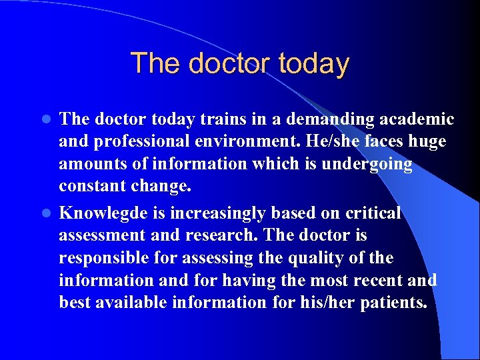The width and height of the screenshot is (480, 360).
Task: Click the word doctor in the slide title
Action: tap(221, 63)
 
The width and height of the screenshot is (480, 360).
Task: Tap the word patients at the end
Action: tap(394, 303)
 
